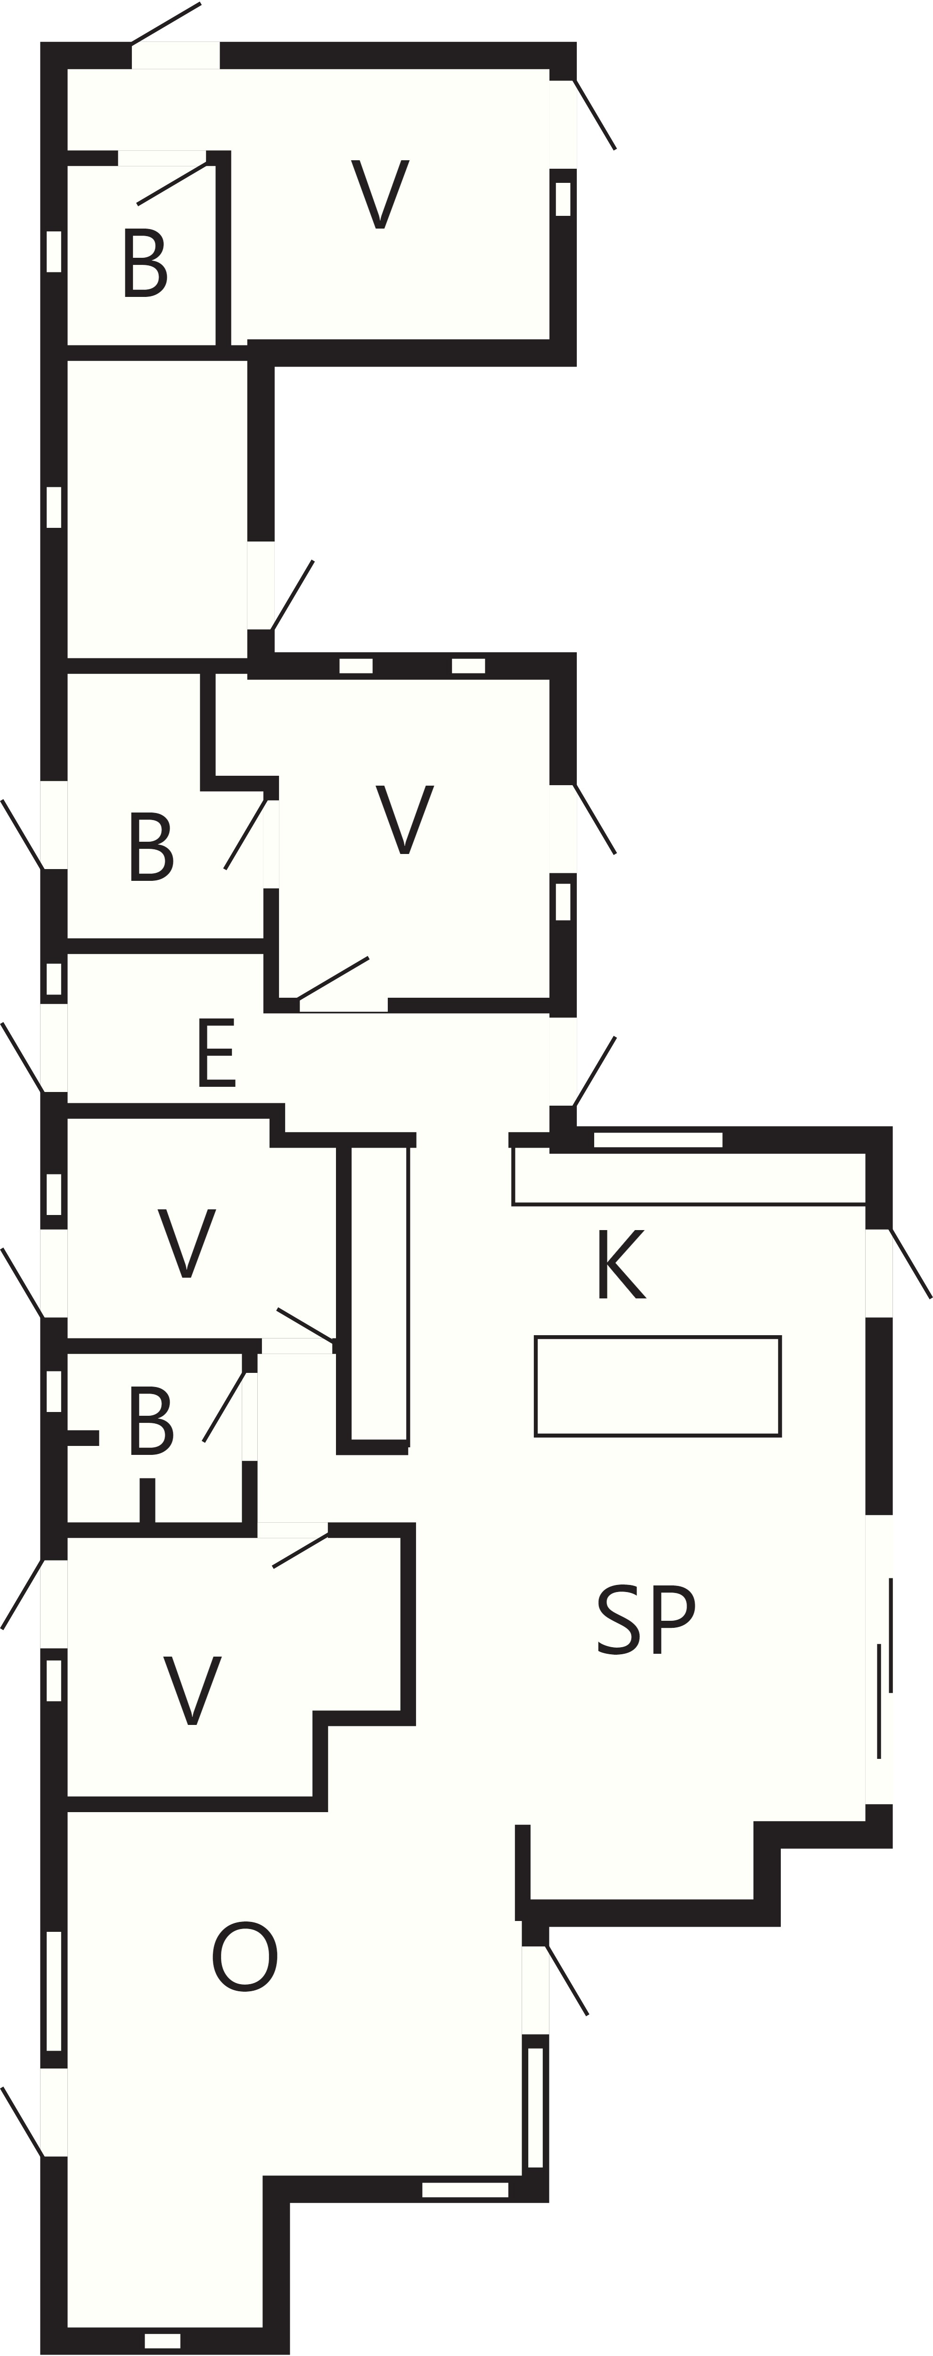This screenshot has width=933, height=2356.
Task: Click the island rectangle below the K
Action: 658,1387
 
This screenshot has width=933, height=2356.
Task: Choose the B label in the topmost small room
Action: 145,263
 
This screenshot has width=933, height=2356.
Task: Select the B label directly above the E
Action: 151,847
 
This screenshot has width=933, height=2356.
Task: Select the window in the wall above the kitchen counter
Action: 658,1140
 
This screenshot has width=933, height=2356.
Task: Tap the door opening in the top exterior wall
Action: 176,55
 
